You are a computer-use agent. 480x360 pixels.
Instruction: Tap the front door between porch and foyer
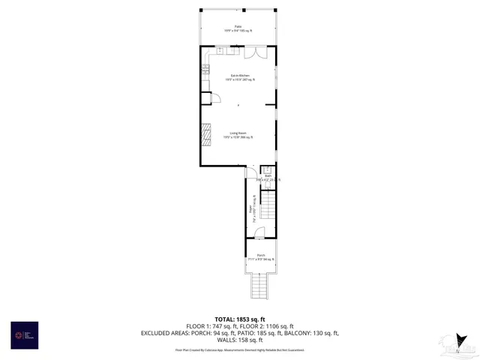(259, 235)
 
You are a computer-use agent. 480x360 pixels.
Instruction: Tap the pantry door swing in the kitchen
(214, 97)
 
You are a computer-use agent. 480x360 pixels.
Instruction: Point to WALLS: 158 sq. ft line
(239, 339)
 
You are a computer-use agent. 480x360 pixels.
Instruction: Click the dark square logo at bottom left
(24, 334)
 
